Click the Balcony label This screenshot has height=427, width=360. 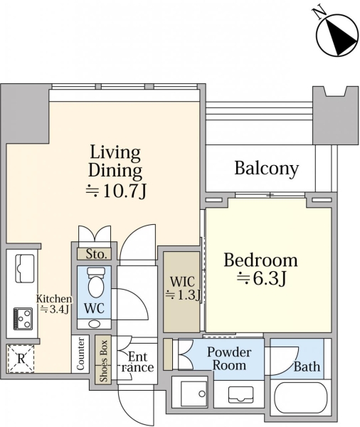[x=266, y=169]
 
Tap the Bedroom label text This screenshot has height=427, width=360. [x=260, y=260]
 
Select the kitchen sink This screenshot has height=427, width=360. [x=25, y=268]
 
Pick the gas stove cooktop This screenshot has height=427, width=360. [x=23, y=319]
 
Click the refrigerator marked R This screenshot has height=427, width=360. [x=21, y=359]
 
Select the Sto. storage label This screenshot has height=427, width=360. [x=95, y=254]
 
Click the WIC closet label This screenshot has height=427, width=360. [x=183, y=288]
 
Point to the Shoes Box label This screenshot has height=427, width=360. [x=103, y=361]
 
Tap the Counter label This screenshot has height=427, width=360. [x=80, y=354]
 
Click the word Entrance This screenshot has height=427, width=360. [x=137, y=362]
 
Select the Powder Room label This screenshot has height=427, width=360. [x=229, y=359]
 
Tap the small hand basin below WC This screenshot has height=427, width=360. [x=94, y=324]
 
